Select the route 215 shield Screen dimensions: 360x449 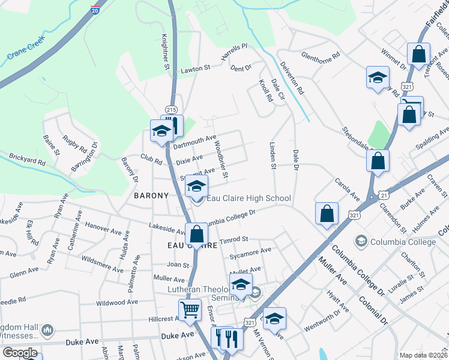coord(171,109)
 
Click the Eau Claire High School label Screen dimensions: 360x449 coord(249,198)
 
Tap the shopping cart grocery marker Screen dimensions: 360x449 coord(190,311)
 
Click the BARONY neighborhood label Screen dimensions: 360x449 coord(154,196)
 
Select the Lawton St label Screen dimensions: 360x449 coord(196,69)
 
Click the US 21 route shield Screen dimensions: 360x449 coord(384,195)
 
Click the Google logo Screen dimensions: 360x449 coord(20,353)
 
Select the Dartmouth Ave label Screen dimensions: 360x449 coord(194,142)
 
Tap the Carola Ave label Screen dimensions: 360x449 coord(347,188)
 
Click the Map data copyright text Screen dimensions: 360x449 coord(423,355)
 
